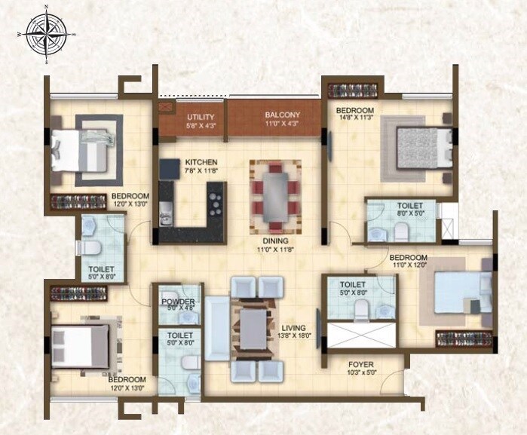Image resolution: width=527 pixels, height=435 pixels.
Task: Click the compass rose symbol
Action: tap(47, 35)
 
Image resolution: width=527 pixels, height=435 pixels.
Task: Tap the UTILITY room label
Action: tap(201, 117)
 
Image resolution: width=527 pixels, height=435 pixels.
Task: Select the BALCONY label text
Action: tap(282, 115)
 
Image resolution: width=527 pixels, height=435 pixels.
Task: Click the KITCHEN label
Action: tap(201, 162)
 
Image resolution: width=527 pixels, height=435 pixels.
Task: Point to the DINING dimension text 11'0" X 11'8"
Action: tap(277, 250)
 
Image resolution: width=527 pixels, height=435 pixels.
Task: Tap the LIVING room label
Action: tap(293, 328)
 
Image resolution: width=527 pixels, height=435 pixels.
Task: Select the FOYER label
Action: tap(361, 365)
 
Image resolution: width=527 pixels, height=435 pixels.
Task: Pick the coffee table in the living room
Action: tap(252, 328)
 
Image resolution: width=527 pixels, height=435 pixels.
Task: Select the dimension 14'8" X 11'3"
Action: tap(355, 118)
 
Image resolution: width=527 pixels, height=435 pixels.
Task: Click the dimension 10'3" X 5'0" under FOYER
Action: tap(361, 374)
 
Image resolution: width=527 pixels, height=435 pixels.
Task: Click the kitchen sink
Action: tap(164, 218)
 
